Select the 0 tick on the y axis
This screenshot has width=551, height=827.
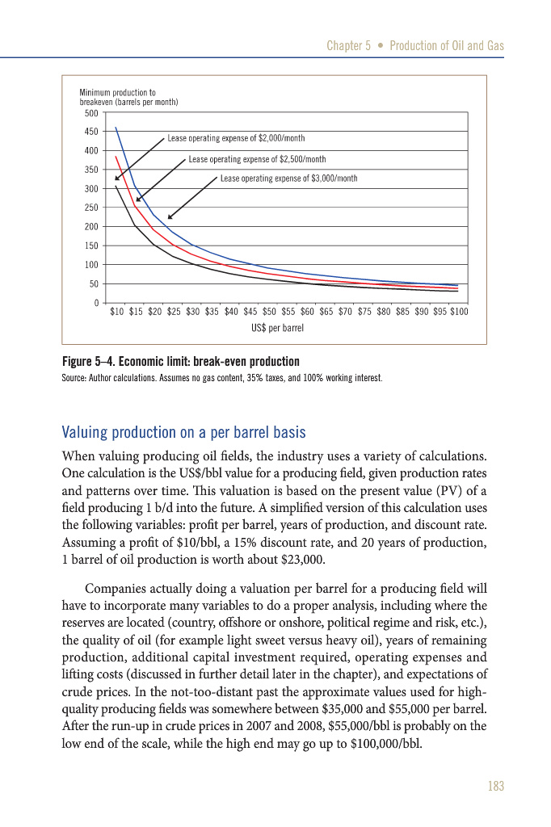tap(96, 303)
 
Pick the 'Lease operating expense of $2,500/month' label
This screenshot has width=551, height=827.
tap(257, 159)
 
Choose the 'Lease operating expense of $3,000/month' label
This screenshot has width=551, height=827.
tap(288, 178)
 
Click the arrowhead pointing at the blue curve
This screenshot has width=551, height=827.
tap(170, 217)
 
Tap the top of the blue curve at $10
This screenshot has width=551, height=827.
tap(116, 128)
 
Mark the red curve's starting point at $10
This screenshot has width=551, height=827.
tap(116, 157)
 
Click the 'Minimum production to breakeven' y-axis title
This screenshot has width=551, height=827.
tap(128, 99)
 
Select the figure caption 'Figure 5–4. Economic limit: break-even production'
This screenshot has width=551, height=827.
tap(180, 361)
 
